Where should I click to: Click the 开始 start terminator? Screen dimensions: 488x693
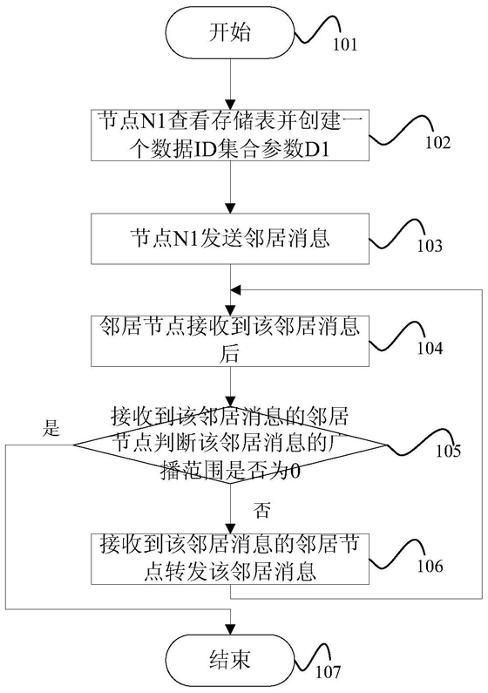(x=230, y=34)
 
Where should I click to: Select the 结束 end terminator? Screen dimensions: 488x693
(x=230, y=659)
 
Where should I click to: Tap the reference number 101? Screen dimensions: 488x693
(x=345, y=44)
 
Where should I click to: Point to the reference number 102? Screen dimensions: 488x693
(x=437, y=143)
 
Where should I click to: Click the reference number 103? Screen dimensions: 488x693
(x=430, y=246)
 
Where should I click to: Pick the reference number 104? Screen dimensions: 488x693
(x=430, y=349)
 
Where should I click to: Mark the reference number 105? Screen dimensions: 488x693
(x=448, y=451)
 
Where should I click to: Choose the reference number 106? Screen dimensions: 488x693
(x=430, y=566)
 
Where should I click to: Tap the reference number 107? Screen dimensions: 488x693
(x=329, y=672)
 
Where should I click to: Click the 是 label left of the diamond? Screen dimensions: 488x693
(x=51, y=428)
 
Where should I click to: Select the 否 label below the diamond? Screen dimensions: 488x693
(x=261, y=510)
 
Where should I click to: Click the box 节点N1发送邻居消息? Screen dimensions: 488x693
(x=230, y=239)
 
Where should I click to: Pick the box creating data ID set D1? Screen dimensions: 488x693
(x=230, y=135)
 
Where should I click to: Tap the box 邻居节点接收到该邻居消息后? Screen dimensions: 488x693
(x=230, y=341)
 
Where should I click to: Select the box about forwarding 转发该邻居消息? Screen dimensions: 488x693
(x=230, y=559)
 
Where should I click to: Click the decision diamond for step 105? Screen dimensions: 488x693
(x=230, y=445)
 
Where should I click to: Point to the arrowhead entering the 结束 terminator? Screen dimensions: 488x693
(x=230, y=629)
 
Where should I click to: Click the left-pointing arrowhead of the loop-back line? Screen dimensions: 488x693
(x=235, y=290)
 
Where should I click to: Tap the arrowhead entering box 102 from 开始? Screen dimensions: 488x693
(x=230, y=105)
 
